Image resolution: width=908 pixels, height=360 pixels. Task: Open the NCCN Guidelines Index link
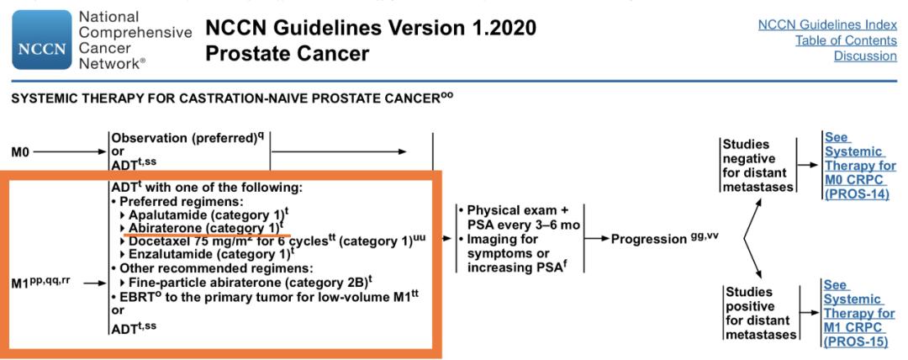[x=827, y=25]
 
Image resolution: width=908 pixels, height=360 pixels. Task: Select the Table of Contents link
[x=846, y=40]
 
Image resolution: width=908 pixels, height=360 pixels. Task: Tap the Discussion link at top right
[x=865, y=56]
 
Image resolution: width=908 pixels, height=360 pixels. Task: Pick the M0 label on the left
[x=21, y=152]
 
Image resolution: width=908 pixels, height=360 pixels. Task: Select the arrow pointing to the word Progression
[x=596, y=239]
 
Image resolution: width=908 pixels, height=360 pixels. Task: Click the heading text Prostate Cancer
[x=288, y=54]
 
